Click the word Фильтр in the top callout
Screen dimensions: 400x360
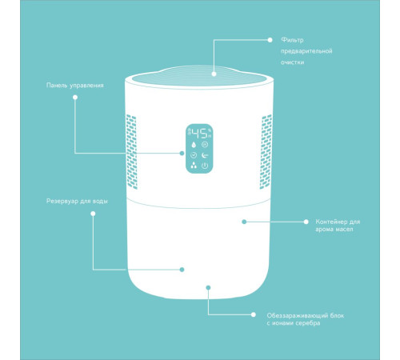click(292, 40)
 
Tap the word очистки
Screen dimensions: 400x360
click(293, 62)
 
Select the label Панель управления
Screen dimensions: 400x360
click(75, 86)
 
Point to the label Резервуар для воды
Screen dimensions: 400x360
click(77, 201)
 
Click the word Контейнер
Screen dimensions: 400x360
click(332, 222)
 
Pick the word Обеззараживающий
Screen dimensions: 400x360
click(298, 316)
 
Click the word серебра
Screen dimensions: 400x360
click(308, 323)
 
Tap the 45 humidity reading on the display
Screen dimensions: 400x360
click(199, 134)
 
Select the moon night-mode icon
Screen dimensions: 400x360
click(205, 155)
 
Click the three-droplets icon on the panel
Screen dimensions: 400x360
click(194, 166)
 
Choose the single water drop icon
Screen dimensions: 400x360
click(194, 145)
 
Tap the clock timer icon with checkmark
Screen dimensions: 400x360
click(194, 155)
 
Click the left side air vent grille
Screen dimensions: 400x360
click(131, 152)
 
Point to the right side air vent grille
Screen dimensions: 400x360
click(266, 152)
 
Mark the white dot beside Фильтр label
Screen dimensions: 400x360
click(270, 40)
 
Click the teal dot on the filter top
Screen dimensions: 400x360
click(214, 74)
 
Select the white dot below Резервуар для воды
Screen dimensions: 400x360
click(93, 214)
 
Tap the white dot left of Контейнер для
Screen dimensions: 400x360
click(306, 222)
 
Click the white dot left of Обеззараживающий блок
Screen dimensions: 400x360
click(254, 314)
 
